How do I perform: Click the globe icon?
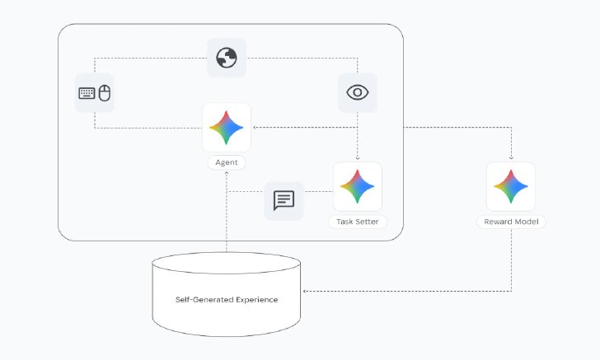[x=227, y=58]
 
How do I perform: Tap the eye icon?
[x=358, y=92]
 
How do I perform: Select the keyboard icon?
[x=87, y=93]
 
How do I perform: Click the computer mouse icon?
[x=105, y=93]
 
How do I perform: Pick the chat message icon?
[x=284, y=200]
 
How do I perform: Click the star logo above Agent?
[x=227, y=128]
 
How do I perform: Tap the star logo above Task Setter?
[x=358, y=186]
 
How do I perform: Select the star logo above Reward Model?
[x=511, y=186]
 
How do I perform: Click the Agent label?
[x=227, y=162]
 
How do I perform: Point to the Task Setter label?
[x=358, y=222]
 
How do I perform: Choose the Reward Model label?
[x=511, y=222]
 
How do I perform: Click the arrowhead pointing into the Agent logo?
[x=255, y=128]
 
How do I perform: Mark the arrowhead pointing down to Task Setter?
[x=358, y=157]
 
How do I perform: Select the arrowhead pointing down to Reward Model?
[x=511, y=157]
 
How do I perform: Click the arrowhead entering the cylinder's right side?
[x=305, y=291]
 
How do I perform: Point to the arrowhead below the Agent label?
[x=227, y=173]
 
